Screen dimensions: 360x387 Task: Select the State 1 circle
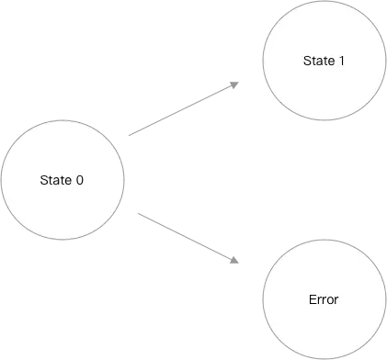(324, 61)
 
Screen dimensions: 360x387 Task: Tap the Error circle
(324, 300)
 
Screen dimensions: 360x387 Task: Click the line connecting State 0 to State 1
(184, 110)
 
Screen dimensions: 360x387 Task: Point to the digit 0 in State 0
(80, 179)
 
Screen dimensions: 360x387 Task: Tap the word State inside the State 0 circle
(56, 179)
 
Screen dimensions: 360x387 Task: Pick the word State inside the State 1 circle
(318, 61)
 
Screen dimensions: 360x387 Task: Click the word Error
(324, 300)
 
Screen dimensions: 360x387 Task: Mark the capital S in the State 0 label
(44, 179)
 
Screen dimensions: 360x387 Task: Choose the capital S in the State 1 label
(306, 61)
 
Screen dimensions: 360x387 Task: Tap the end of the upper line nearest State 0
(127, 137)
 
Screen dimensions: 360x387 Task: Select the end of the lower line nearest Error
(241, 262)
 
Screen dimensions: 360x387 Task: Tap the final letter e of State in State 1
(330, 61)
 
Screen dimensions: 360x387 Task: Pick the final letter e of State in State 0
(68, 179)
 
